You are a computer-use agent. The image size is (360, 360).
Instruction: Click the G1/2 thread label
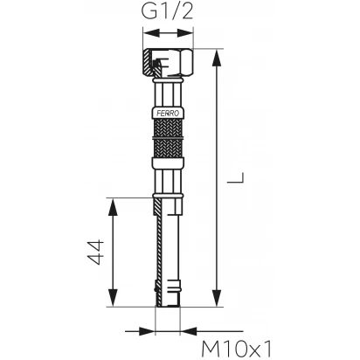click(x=167, y=11)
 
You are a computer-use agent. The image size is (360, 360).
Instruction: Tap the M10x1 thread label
click(x=236, y=350)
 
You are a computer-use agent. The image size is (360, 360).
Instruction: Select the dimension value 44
click(x=96, y=252)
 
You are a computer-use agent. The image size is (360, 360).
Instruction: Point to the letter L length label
click(x=235, y=177)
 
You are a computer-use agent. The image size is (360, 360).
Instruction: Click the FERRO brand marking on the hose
click(x=168, y=114)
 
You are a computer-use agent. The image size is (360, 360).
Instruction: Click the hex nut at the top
click(x=168, y=63)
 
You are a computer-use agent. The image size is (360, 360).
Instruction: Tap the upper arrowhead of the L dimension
click(x=217, y=58)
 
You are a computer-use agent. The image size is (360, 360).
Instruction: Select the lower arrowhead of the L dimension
click(x=217, y=298)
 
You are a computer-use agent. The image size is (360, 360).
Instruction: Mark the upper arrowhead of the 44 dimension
click(x=113, y=206)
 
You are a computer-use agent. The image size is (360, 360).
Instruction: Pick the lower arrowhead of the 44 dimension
click(x=113, y=298)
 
